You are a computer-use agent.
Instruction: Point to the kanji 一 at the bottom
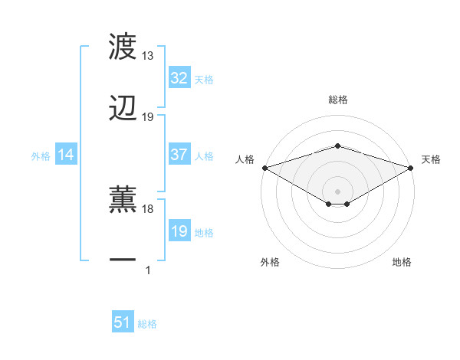123,260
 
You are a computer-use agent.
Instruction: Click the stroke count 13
148,56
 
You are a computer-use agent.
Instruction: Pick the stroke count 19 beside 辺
148,117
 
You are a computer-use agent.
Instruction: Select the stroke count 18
148,208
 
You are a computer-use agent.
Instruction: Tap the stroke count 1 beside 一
148,270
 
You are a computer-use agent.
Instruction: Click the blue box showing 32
179,78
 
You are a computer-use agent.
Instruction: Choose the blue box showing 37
179,155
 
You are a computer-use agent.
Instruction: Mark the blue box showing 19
179,231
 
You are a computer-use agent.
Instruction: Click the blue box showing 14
66,155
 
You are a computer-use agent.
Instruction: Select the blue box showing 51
123,322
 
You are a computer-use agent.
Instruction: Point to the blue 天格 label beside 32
204,79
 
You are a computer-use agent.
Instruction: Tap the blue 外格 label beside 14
41,156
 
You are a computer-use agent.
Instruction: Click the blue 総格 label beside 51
147,324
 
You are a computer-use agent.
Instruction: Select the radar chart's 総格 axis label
338,100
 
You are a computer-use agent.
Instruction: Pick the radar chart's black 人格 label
245,159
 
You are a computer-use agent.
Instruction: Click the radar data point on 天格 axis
411,167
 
